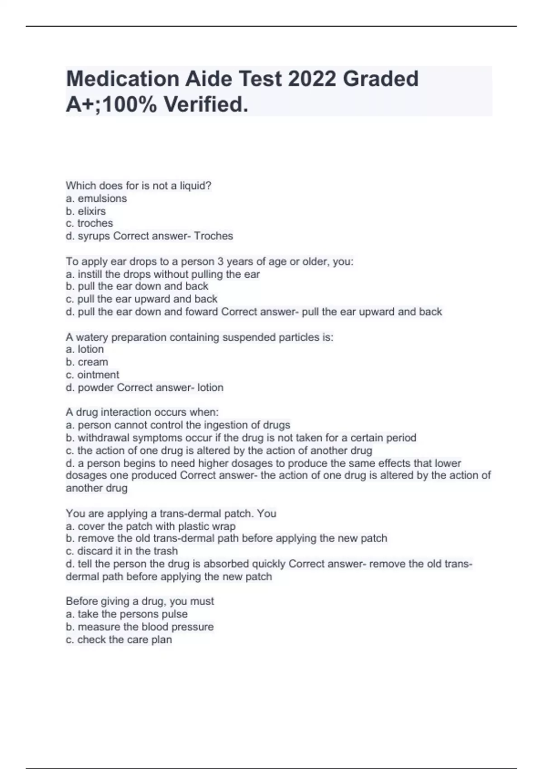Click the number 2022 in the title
pos(312,79)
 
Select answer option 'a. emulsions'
pos(96,199)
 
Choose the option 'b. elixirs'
pos(86,211)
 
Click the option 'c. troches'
pos(89,223)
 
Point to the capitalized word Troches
pos(214,236)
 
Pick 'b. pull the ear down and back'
pos(137,286)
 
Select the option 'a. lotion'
pos(85,349)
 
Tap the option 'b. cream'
pos(87,362)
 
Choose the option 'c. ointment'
pos(92,375)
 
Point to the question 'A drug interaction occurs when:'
pos(142,413)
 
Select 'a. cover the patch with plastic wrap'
pos(151,527)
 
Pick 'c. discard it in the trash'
pos(122,551)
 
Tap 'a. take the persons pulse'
pos(127,614)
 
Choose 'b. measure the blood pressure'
pos(139,627)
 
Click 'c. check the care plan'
pos(119,640)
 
